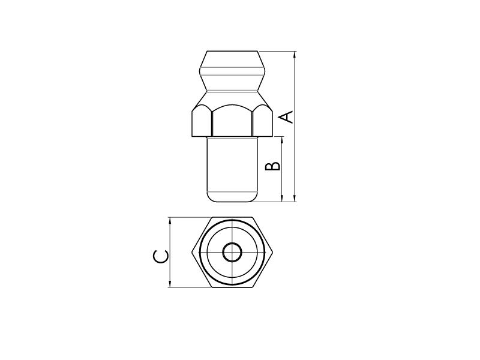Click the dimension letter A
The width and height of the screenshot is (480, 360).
pyautogui.click(x=287, y=118)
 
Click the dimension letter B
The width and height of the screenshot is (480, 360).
pyautogui.click(x=272, y=166)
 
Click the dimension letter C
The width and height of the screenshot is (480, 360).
pyautogui.click(x=160, y=257)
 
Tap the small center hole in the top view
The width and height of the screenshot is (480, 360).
pyautogui.click(x=232, y=253)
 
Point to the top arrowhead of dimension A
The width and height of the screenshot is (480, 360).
pyautogui.click(x=295, y=55)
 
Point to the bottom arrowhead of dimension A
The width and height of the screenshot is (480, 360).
pyautogui.click(x=295, y=198)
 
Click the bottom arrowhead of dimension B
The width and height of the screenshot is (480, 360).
pyautogui.click(x=282, y=198)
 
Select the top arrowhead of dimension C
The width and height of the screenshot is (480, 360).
pyautogui.click(x=170, y=221)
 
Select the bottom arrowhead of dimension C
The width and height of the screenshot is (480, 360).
pyautogui.click(x=170, y=284)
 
